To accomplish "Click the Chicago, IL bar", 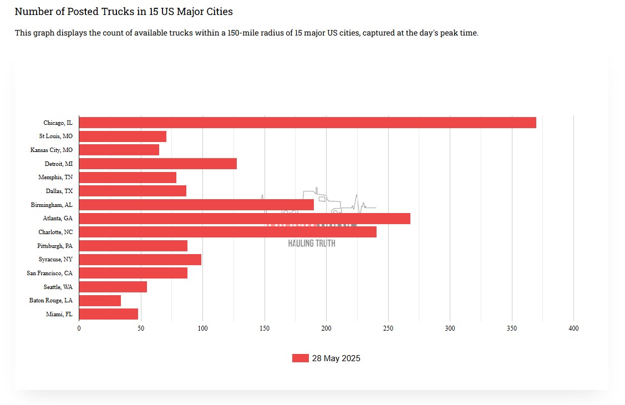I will (308, 123).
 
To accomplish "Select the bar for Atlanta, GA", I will (245, 219).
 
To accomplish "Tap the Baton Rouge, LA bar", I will (100, 301).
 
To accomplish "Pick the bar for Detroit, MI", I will (158, 164).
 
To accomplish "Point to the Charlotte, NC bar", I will (228, 232).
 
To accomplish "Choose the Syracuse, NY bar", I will (140, 260).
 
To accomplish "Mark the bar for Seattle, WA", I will (113, 287).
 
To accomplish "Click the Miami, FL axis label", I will (59, 315).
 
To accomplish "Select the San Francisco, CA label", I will (50, 273).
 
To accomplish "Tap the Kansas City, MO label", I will (52, 150).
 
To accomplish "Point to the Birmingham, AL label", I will (52, 205).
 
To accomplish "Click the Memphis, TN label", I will (55, 178).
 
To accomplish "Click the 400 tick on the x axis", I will (573, 328).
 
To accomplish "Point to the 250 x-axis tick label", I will (388, 328).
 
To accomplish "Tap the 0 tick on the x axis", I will (79, 328).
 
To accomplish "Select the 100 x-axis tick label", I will (202, 328).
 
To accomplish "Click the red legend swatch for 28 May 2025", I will (300, 358).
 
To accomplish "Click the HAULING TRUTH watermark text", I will (312, 243).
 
